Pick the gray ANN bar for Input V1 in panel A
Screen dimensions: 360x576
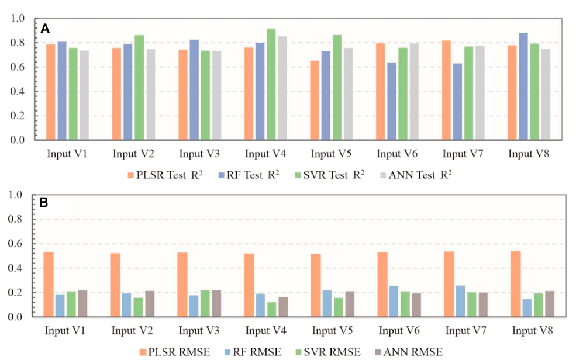[84, 95]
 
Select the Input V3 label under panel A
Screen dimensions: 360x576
[200, 154]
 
